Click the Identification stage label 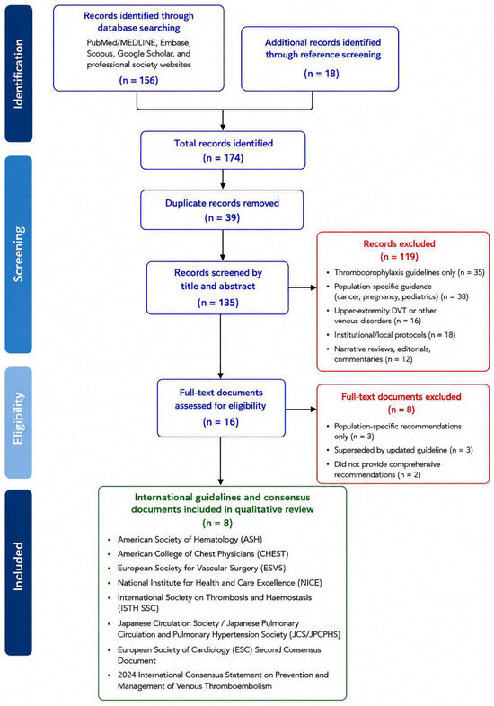pos(18,74)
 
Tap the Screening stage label pos(18,254)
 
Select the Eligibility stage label pos(18,419)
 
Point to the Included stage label pos(18,566)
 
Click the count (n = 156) pos(138,80)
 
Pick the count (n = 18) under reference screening pos(322,74)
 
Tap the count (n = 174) pos(224,158)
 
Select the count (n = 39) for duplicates pos(222,217)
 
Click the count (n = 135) pos(218,303)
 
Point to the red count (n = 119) pos(399,257)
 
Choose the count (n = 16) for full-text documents pos(221,422)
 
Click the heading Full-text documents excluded pos(401,397)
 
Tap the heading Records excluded pos(399,243)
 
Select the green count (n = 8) pos(218,523)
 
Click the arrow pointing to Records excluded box pos(303,287)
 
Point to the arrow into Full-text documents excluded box pos(301,409)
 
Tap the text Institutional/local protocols pos(380,335)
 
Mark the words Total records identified pos(224,143)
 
